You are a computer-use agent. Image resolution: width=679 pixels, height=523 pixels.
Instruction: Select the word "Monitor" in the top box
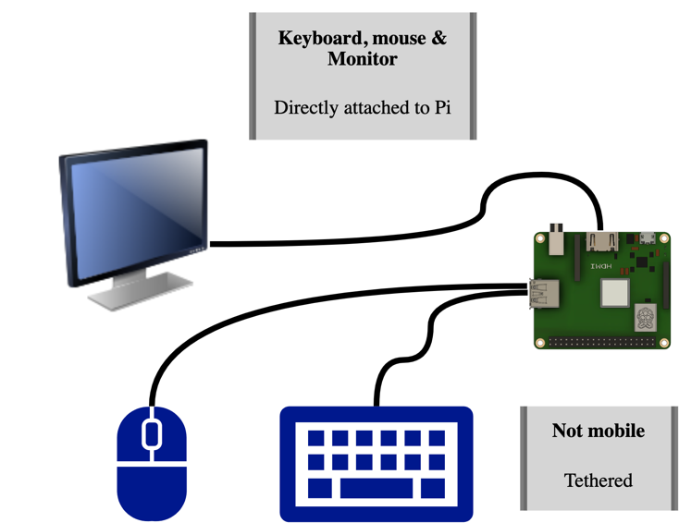[x=362, y=59]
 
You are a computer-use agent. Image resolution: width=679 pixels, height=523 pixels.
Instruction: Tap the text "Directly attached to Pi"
[x=362, y=107]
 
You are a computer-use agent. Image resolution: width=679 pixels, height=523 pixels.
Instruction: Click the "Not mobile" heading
[x=598, y=431]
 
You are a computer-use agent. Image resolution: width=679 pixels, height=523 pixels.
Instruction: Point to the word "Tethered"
[x=598, y=480]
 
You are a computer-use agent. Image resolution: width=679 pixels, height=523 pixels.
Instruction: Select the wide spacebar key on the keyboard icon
[x=377, y=487]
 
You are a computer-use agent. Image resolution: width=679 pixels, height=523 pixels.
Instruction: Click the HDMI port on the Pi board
[x=600, y=242]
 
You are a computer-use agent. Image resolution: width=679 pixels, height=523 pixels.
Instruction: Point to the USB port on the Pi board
[x=543, y=293]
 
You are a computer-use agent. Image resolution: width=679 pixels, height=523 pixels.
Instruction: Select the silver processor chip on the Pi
[x=614, y=293]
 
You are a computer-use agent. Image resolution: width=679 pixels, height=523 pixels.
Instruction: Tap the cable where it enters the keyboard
[x=377, y=401]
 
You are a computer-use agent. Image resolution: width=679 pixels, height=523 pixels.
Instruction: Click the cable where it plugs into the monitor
[x=214, y=244]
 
